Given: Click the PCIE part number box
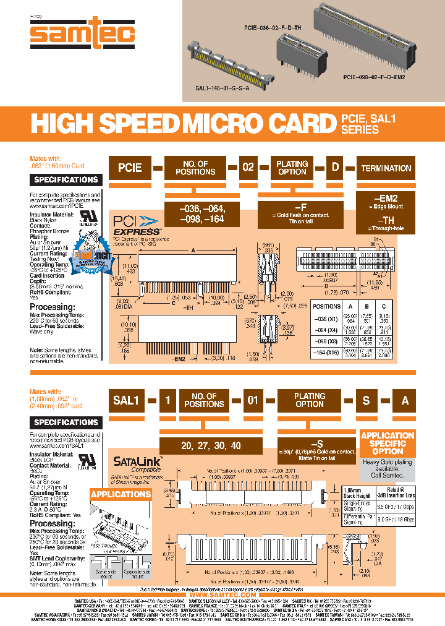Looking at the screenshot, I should pos(130,168).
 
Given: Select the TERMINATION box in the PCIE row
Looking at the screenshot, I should pos(386,168).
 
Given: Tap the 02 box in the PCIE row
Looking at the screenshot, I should pos(247,168).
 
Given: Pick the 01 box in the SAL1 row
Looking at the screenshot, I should pos(252,400).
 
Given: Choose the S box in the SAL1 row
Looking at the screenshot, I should pos(366,400).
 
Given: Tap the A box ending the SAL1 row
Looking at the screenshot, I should pos(405,400).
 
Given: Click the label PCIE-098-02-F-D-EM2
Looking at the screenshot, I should pos(374,79).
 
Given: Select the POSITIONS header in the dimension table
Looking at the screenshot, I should pos(326,306).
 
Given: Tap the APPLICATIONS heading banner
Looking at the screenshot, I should pos(121,494).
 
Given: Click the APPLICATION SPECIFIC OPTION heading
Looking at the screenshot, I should pos(387,444).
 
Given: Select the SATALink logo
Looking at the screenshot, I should pos(137,461).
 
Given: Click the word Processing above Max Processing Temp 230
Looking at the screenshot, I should pos(53,307).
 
